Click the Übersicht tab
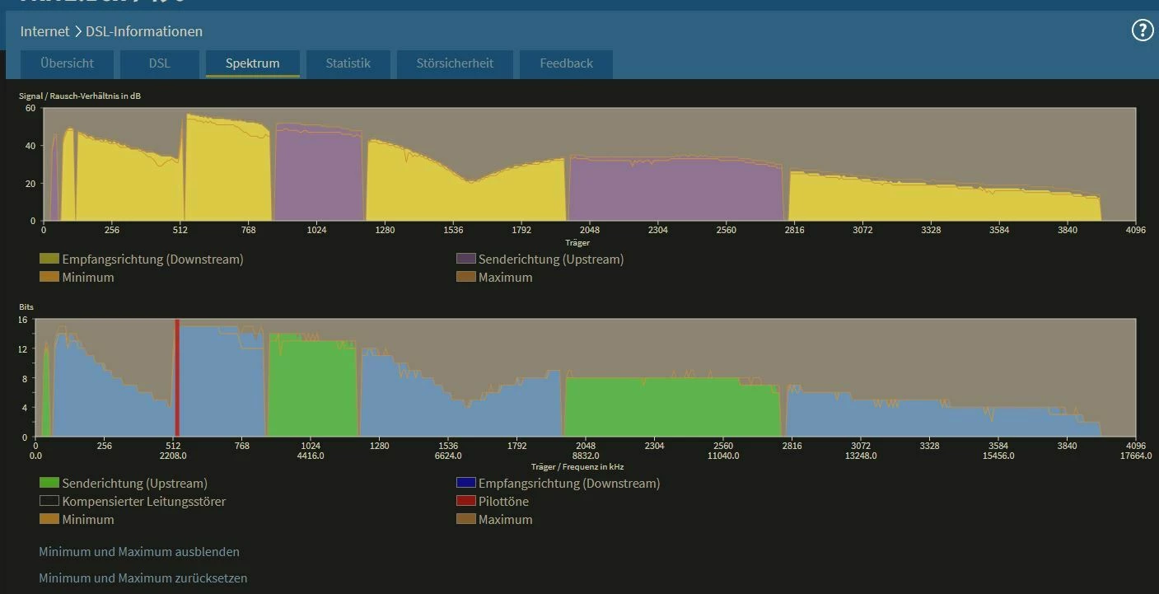[68, 63]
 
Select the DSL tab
[160, 63]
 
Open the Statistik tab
[348, 63]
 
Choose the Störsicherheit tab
[455, 63]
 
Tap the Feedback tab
[566, 63]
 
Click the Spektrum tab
[252, 63]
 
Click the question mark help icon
[1143, 31]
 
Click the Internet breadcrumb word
[44, 31]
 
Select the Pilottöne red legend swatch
[465, 502]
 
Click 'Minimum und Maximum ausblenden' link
[139, 552]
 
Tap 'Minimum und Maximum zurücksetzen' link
[143, 578]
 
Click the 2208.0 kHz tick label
[173, 456]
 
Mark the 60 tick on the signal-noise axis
[30, 108]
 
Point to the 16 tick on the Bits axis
[23, 320]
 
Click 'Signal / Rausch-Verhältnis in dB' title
[80, 96]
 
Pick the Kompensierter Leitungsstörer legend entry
[143, 502]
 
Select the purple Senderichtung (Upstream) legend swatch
[465, 260]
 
